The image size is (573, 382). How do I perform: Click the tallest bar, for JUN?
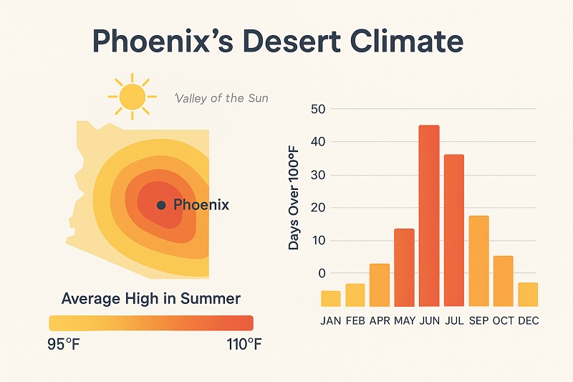[429, 216]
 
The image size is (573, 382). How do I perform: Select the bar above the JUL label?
[454, 230]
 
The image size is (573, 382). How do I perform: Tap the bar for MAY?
[404, 267]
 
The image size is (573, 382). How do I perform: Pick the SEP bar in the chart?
[478, 261]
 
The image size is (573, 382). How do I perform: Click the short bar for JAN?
[331, 299]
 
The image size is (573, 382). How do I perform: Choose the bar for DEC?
[528, 295]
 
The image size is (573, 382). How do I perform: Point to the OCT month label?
[504, 320]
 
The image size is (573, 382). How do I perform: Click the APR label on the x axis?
[380, 320]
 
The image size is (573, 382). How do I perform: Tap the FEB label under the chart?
[355, 320]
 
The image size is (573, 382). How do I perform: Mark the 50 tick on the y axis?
[318, 109]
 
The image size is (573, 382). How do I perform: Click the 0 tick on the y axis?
[322, 273]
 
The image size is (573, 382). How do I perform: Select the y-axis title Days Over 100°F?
[294, 198]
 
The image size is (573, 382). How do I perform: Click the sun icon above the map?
[133, 97]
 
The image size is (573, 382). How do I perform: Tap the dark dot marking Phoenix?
[161, 205]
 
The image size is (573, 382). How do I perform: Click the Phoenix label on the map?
[201, 204]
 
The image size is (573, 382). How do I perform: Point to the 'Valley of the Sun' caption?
[221, 98]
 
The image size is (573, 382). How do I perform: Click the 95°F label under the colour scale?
[63, 344]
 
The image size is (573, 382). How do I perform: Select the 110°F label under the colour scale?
[244, 344]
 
